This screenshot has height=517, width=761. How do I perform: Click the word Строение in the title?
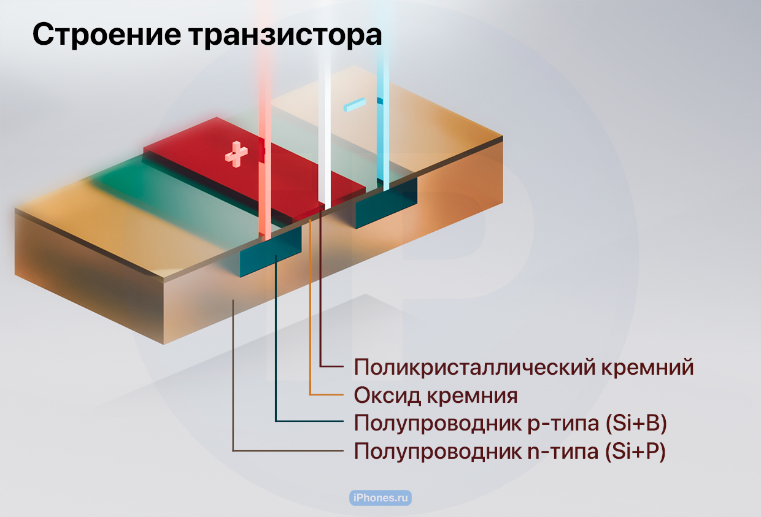coord(107,34)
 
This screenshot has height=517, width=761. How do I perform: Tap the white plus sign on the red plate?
coord(236,155)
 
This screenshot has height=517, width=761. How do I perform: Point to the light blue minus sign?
coord(355,104)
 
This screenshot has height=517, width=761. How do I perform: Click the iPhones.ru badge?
coord(381,497)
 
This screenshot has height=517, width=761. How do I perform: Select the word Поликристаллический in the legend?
coord(474,367)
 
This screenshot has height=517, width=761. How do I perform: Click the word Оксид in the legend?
coord(387,396)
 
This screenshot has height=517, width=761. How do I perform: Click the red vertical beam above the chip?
coord(265,122)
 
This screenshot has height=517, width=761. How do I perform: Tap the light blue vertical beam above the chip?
coord(383,95)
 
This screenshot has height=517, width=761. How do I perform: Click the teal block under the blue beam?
coord(387,203)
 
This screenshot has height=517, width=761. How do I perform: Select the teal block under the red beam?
coord(271,252)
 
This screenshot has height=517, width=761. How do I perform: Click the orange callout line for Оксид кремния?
coord(310,307)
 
